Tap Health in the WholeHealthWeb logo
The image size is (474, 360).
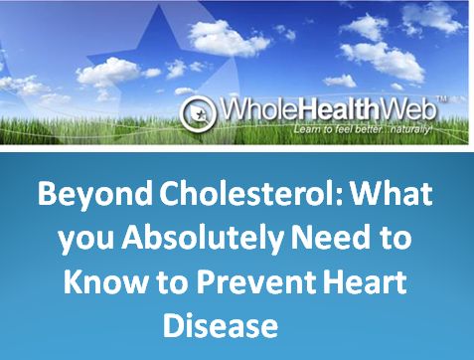[x=324, y=108]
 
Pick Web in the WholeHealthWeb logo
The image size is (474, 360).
[x=395, y=108]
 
